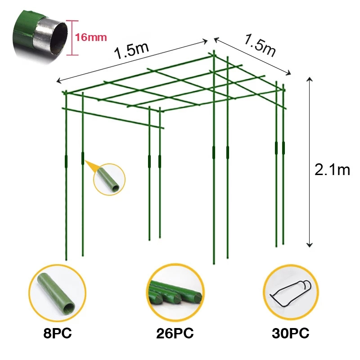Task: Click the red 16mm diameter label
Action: pyautogui.click(x=91, y=37)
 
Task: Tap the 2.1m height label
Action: pyautogui.click(x=332, y=170)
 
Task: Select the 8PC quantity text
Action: pyautogui.click(x=58, y=333)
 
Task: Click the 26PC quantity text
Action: pyautogui.click(x=175, y=333)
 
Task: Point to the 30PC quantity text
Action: pyautogui.click(x=290, y=333)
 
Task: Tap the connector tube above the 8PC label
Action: pyautogui.click(x=56, y=293)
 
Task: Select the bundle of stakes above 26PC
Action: pyautogui.click(x=175, y=293)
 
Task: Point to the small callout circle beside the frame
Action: pyautogui.click(x=109, y=179)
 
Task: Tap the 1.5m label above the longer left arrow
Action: pyautogui.click(x=131, y=51)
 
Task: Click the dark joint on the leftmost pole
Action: pyautogui.click(x=66, y=162)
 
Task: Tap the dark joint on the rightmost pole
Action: pyautogui.click(x=283, y=148)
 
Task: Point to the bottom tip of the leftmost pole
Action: pyautogui.click(x=66, y=260)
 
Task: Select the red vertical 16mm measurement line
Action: pyautogui.click(x=72, y=38)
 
